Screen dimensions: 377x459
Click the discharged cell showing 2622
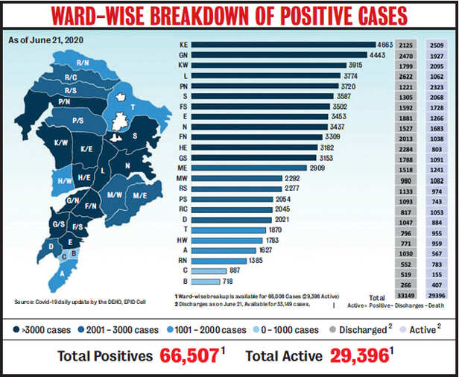[x=405, y=75]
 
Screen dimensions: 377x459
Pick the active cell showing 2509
[x=436, y=45]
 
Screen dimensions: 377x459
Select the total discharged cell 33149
[x=405, y=295]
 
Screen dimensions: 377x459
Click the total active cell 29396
[x=436, y=295]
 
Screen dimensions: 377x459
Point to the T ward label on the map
[x=132, y=107]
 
